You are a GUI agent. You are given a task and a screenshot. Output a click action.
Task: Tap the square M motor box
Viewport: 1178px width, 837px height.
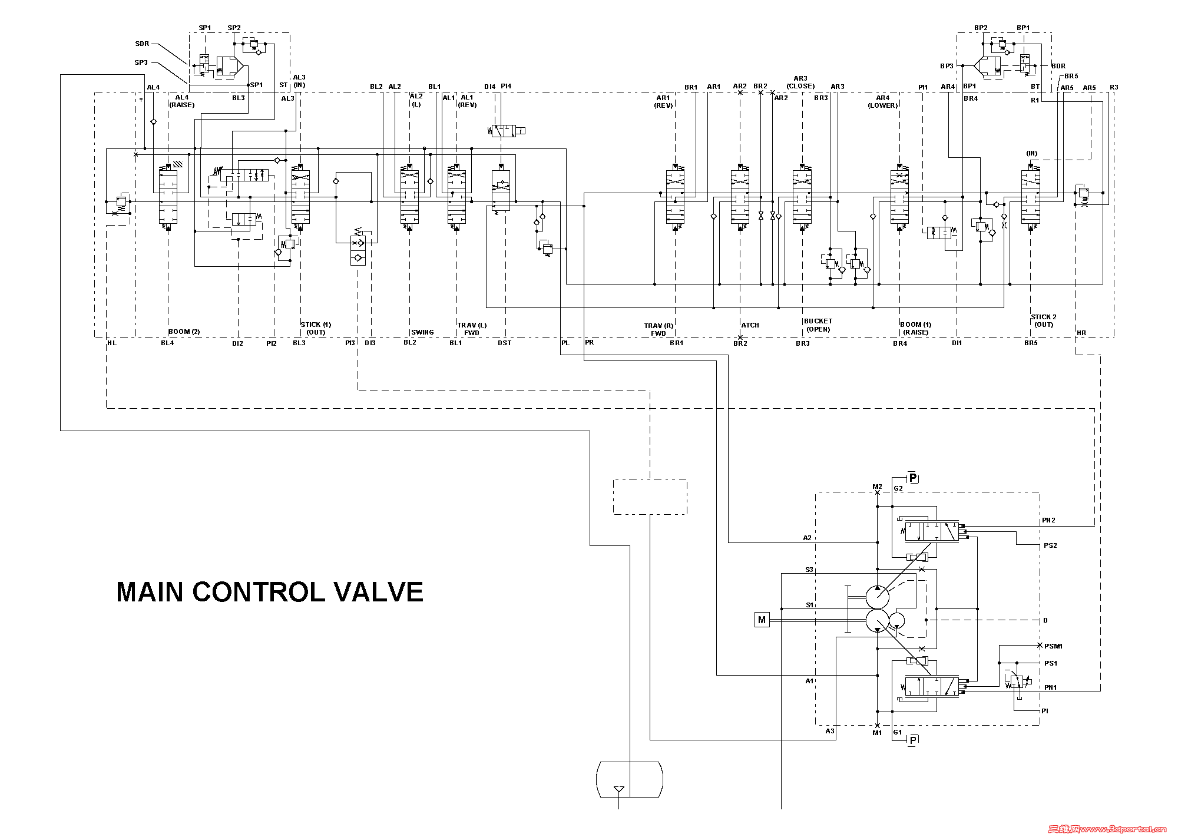click(762, 620)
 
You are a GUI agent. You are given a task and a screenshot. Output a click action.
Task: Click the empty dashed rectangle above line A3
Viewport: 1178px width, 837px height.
click(650, 497)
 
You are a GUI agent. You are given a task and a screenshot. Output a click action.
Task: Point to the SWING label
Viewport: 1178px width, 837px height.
click(422, 332)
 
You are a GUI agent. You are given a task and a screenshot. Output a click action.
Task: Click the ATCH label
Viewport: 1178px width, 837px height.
click(750, 325)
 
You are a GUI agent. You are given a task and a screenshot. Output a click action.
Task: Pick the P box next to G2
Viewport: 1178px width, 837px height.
click(912, 478)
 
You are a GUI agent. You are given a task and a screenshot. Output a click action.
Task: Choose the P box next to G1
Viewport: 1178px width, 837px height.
click(912, 740)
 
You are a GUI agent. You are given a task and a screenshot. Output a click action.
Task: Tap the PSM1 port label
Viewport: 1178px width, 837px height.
click(1053, 646)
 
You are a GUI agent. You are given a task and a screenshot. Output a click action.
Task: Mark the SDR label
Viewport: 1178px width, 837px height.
click(142, 44)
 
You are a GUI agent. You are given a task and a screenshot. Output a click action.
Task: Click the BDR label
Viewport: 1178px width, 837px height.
click(1058, 66)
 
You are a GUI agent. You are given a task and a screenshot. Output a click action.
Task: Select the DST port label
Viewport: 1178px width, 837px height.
click(504, 343)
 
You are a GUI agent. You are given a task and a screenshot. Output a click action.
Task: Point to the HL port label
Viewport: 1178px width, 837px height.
click(112, 343)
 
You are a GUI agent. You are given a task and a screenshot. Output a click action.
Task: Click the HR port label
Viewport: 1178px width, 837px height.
click(1081, 333)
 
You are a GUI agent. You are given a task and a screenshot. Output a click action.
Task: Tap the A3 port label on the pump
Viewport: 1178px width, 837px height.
click(829, 731)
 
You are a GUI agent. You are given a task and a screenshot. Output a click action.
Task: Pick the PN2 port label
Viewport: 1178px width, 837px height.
click(1048, 520)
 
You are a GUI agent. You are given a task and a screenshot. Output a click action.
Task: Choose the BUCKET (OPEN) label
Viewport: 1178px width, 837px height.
click(818, 325)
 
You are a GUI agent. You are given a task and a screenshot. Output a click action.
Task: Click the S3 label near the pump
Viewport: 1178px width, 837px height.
click(809, 570)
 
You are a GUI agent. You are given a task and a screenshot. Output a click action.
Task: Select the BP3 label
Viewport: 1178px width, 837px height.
click(947, 66)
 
